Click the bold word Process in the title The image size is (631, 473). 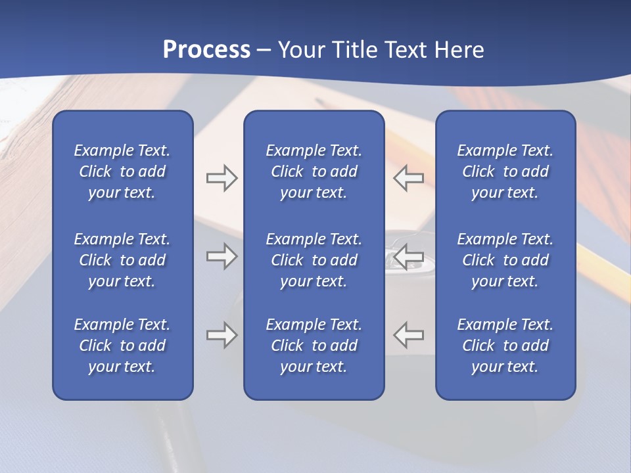206,50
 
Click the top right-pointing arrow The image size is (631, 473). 222,178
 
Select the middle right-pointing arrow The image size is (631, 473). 222,256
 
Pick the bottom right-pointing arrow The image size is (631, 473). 222,335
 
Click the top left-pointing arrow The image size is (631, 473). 408,178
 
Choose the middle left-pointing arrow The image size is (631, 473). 408,256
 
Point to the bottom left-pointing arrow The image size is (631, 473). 408,335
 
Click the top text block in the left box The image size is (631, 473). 122,171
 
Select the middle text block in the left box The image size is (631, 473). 122,260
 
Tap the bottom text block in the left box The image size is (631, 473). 122,346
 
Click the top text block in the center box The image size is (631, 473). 314,171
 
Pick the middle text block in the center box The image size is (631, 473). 314,260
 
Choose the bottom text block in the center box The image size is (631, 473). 314,346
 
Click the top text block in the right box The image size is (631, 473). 505,171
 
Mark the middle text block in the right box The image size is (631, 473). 505,260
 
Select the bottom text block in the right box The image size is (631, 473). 505,346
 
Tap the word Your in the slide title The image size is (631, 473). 299,50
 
